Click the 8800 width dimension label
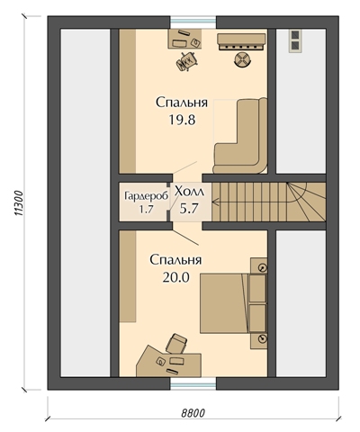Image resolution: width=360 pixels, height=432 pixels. click(x=193, y=413)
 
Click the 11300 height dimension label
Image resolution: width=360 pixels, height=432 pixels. click(x=19, y=203)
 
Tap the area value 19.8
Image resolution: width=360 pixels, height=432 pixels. click(x=182, y=120)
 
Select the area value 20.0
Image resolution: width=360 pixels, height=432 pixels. click(x=176, y=278)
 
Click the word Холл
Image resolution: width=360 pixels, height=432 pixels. click(x=189, y=192)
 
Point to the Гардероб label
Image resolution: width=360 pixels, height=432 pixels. click(x=146, y=196)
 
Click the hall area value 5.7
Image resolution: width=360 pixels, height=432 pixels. click(x=189, y=208)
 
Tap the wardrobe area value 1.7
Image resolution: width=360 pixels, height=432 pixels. click(x=146, y=210)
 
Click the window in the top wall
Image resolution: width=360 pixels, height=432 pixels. click(x=193, y=22)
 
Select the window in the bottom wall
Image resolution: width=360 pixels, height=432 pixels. click(x=193, y=383)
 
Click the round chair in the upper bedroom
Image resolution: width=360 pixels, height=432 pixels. click(x=241, y=58)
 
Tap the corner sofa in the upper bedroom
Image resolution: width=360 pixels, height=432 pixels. click(x=240, y=136)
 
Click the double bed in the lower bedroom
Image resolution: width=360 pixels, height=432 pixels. click(x=224, y=302)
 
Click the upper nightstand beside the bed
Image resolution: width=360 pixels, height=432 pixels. click(x=258, y=265)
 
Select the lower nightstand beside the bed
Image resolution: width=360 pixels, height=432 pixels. click(x=258, y=340)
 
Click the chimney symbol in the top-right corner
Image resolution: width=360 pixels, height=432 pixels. click(x=295, y=40)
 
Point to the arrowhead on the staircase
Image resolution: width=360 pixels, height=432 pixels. click(x=215, y=202)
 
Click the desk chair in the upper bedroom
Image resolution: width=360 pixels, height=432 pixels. click(x=187, y=61)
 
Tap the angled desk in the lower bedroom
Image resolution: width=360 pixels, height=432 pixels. click(x=168, y=361)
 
